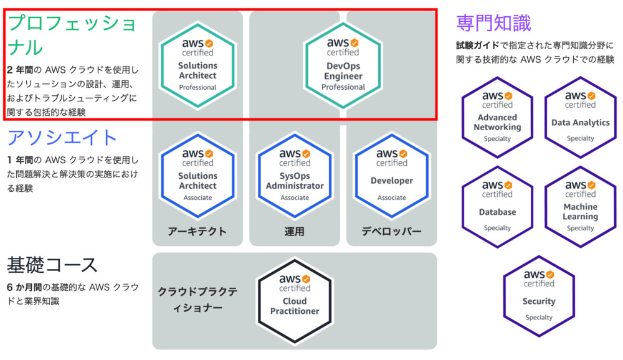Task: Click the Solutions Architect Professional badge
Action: click(x=197, y=65)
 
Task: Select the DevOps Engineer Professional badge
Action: click(x=343, y=65)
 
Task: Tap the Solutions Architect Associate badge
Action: click(x=197, y=176)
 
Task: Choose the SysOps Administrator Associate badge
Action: click(x=295, y=176)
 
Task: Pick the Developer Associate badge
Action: click(x=392, y=176)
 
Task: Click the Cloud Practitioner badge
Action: click(x=295, y=301)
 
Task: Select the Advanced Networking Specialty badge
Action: click(x=497, y=118)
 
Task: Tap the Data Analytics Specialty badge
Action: click(x=580, y=118)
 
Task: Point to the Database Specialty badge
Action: click(x=497, y=207)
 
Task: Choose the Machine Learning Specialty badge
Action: click(x=580, y=207)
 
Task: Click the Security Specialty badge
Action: click(x=539, y=296)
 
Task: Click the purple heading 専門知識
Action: click(x=493, y=22)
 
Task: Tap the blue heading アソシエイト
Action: click(x=62, y=138)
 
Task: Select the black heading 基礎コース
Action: click(x=52, y=265)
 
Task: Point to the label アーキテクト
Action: click(x=197, y=231)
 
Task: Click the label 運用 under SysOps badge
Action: click(x=295, y=231)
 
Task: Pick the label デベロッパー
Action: click(x=391, y=231)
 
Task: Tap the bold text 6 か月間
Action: click(x=24, y=287)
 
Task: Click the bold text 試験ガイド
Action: click(x=477, y=45)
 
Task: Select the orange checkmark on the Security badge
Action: click(x=550, y=274)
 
